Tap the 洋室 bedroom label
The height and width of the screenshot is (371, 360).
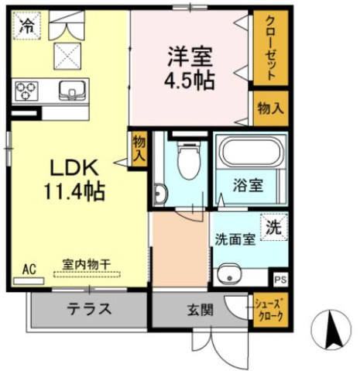click(x=190, y=56)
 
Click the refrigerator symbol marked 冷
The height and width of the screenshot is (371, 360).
click(x=27, y=25)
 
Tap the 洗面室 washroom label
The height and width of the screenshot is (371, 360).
click(x=235, y=239)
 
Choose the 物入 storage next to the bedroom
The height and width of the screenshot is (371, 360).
click(x=270, y=108)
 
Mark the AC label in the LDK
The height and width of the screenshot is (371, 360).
click(x=29, y=269)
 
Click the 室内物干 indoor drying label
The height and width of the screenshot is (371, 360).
click(x=85, y=264)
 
